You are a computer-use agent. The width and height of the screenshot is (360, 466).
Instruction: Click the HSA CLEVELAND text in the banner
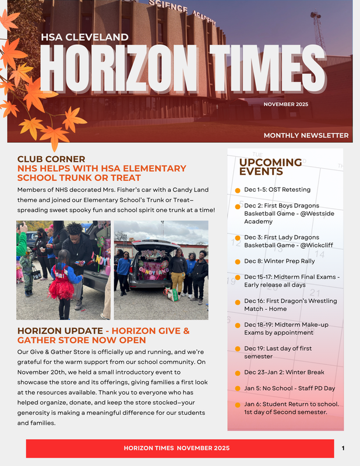84,38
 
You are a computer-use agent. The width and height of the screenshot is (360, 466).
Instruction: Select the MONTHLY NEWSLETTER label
306,136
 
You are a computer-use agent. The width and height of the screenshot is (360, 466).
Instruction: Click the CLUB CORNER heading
51,158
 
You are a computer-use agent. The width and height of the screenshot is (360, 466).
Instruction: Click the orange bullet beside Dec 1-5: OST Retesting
238,190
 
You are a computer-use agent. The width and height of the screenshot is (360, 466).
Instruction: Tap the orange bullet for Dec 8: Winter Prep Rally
238,262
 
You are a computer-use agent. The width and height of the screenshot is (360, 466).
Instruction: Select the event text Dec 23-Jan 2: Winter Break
284,372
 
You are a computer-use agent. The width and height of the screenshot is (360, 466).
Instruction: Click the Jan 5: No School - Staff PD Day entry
290,388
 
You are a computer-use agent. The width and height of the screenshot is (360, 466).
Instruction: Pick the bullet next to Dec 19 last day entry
238,349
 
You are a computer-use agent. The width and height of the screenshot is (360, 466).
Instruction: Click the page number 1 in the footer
343,448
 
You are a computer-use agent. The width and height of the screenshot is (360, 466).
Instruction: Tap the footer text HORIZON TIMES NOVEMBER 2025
177,448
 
